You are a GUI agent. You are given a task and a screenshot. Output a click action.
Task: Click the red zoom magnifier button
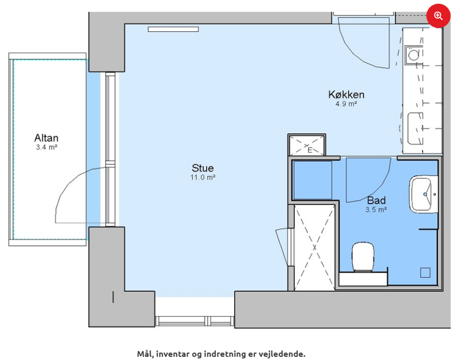point(438,16)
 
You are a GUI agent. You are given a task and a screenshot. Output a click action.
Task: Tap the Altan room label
point(47,138)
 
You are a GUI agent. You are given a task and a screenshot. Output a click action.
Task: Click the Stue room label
point(203,168)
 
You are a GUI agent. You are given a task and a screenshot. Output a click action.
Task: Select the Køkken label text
point(346,95)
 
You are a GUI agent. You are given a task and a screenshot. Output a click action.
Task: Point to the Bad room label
point(376,200)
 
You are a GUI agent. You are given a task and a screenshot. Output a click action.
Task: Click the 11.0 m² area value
point(203,178)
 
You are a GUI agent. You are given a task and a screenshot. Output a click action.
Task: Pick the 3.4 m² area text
point(47,147)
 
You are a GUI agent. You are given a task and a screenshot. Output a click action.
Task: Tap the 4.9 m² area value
point(346,104)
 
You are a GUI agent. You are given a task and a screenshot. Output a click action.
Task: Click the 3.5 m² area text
point(376,210)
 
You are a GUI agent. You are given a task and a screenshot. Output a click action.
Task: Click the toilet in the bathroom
point(363,257)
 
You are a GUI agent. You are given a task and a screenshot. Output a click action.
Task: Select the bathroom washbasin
point(423,194)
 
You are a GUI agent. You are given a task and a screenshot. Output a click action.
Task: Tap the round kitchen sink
point(414,55)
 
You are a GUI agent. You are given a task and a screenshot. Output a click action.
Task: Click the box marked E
point(307,145)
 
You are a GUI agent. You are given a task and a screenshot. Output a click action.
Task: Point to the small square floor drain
point(425,273)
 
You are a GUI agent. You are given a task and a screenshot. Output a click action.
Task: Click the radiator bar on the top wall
point(173,29)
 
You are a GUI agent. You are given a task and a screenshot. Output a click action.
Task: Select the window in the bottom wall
point(195,321)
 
